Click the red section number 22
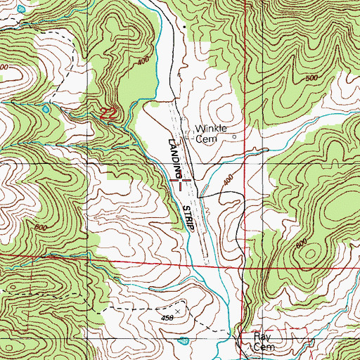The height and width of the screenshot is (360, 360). click(x=108, y=113)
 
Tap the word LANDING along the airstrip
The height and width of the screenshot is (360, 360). click(x=174, y=156)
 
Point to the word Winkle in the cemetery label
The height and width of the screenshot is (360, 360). click(x=208, y=129)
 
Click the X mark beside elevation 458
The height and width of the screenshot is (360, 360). click(x=177, y=309)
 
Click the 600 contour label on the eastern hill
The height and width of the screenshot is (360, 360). click(x=302, y=243)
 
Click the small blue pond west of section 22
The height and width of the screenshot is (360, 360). click(x=46, y=110)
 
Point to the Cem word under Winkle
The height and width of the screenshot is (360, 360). click(x=205, y=139)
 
